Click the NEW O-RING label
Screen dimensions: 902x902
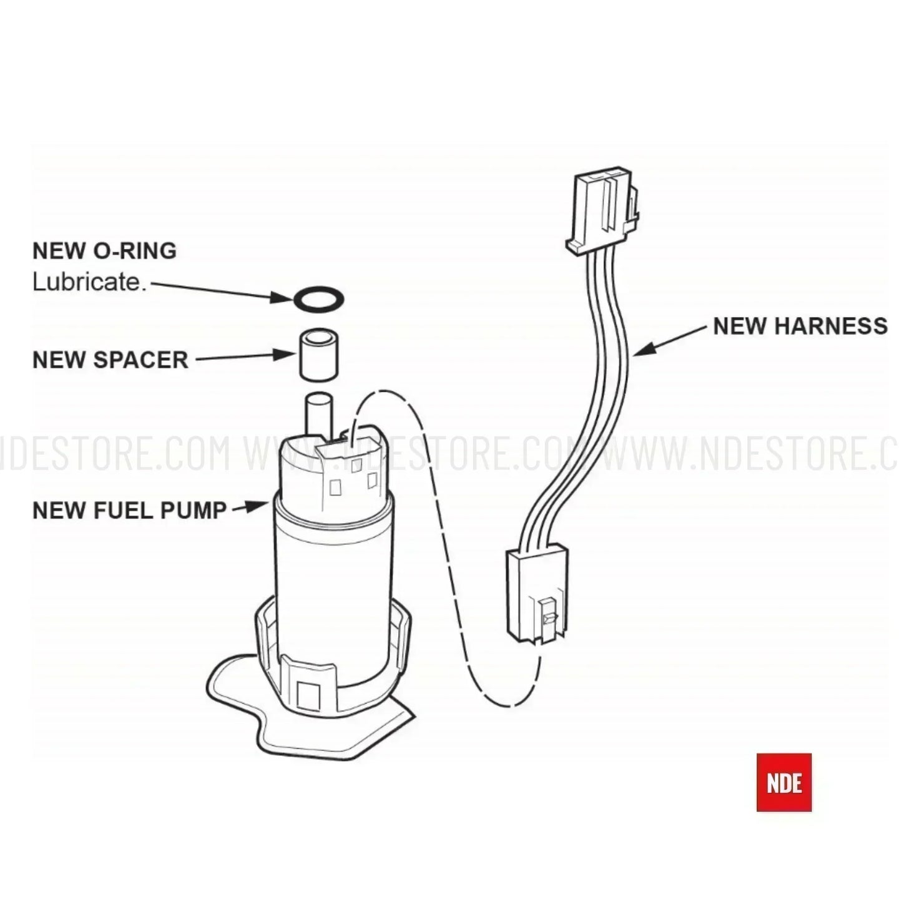pos(104,251)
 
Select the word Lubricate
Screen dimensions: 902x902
pos(89,282)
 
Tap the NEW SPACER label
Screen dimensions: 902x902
pos(110,360)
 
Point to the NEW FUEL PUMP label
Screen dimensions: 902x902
pos(129,511)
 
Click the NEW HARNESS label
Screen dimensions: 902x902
pos(800,326)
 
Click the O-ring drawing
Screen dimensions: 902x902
pos(318,299)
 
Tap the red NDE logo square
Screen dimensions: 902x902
pos(783,782)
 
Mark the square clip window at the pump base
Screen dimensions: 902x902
pos(309,693)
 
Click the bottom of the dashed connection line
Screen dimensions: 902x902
pos(506,705)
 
